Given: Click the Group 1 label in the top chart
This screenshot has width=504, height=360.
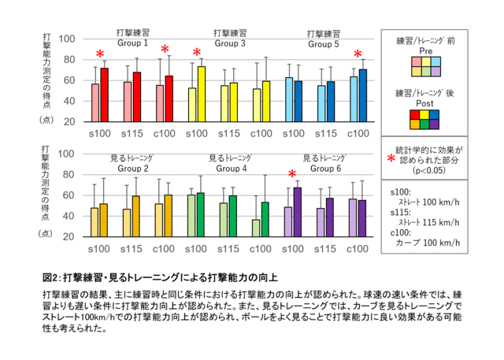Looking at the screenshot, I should coord(133,44).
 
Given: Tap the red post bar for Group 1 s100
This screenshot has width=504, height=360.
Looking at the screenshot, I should coord(105,95).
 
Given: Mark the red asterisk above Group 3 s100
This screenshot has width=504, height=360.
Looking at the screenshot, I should coord(197,54).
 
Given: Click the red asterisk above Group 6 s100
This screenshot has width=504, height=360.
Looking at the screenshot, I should coord(292,175).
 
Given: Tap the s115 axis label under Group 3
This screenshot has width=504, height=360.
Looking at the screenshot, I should coord(228,133).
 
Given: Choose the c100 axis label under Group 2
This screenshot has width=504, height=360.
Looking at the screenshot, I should coord(163,248).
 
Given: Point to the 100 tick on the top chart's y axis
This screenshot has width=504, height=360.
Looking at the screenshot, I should coord(67,39).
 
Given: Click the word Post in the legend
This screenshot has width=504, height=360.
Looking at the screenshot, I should coord(424,102).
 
